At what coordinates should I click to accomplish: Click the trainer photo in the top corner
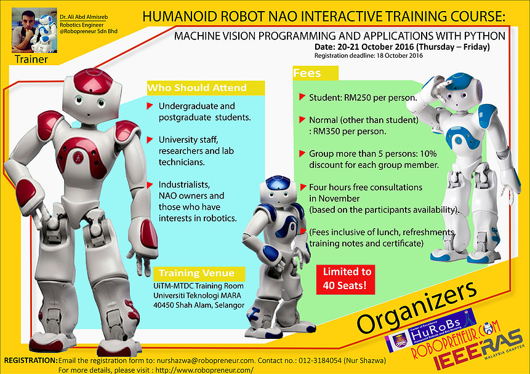[x=30, y=30]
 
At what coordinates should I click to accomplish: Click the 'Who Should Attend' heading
[x=197, y=88]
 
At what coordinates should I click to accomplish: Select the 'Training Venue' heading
[x=196, y=273]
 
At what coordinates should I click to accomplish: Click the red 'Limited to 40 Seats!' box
[x=347, y=279]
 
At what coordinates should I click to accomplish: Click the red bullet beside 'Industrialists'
[x=150, y=185]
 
